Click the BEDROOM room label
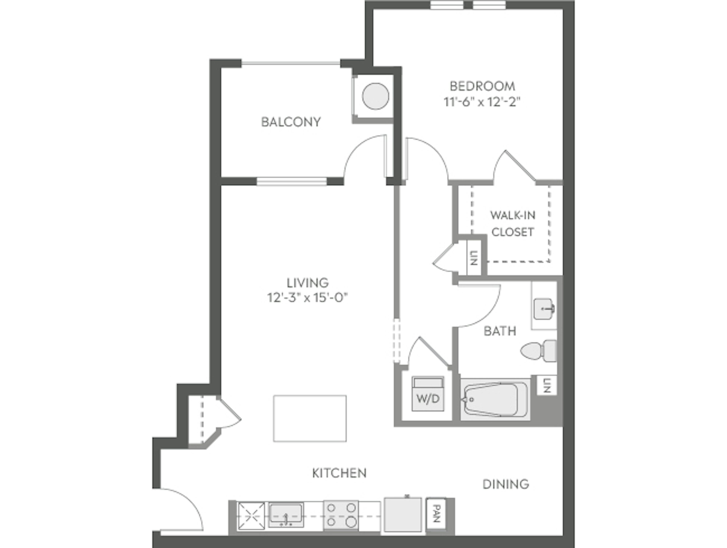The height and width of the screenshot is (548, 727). [x=482, y=86]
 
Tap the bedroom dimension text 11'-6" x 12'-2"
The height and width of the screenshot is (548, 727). [x=482, y=103]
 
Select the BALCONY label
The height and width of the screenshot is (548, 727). [x=291, y=122]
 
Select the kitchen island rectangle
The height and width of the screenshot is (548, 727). [x=310, y=418]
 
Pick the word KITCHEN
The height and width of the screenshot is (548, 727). [x=339, y=473]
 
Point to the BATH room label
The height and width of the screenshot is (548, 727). [x=500, y=331]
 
